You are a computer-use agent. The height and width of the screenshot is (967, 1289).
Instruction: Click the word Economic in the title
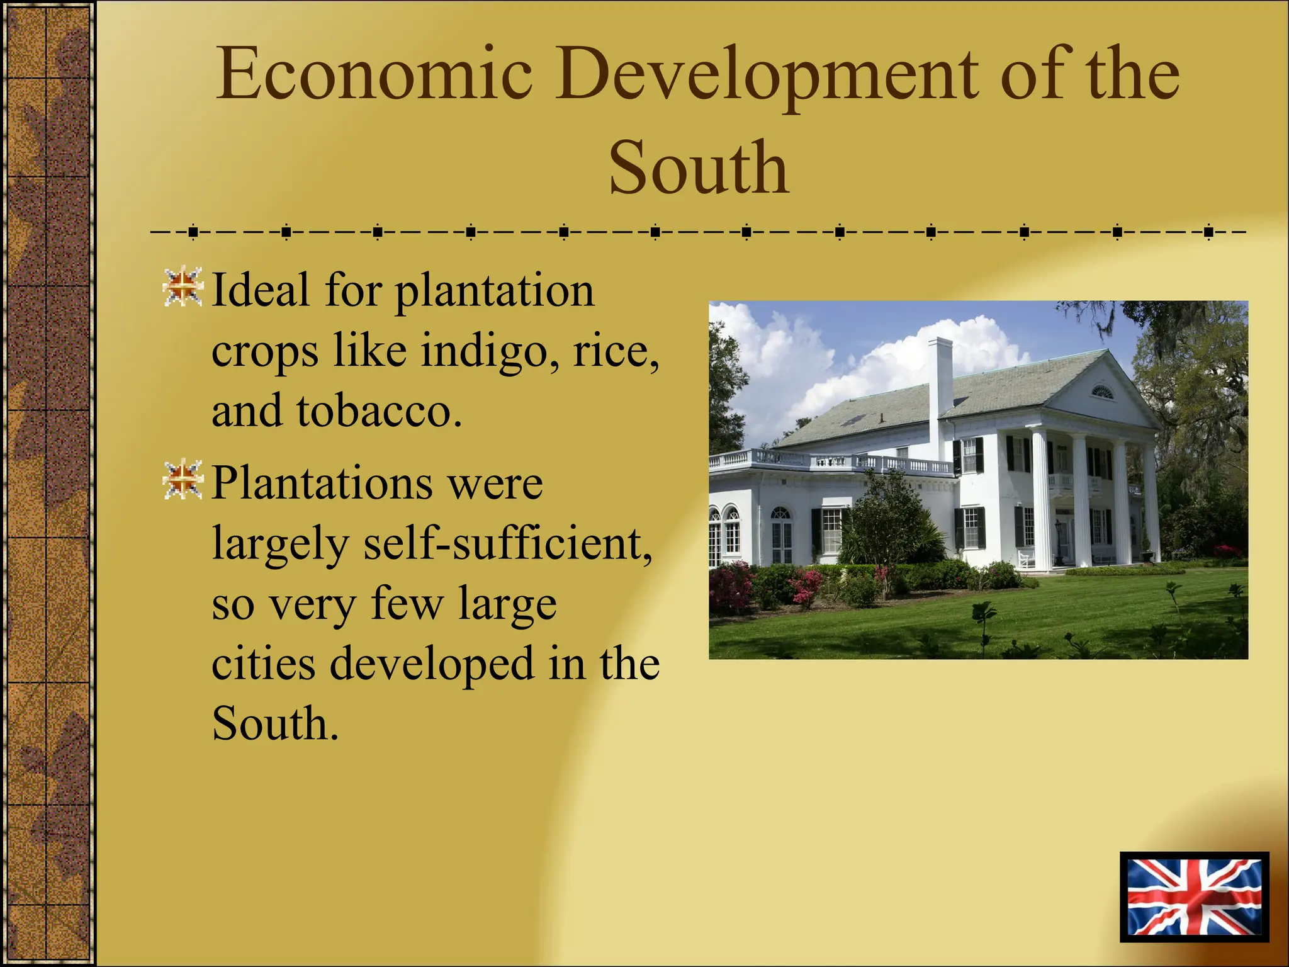(374, 74)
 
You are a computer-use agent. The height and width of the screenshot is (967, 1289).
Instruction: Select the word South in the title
(698, 168)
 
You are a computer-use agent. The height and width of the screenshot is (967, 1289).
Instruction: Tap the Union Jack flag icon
(1194, 897)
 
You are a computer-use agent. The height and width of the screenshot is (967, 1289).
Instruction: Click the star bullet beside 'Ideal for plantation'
(183, 288)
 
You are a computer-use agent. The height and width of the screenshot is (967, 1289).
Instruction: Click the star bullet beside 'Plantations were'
(183, 480)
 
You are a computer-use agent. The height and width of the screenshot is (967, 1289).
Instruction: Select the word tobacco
(379, 411)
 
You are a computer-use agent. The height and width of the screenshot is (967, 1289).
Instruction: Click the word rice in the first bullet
(616, 350)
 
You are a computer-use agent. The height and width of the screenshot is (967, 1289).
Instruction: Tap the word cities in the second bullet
(263, 664)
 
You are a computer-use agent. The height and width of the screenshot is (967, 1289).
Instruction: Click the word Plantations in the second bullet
(322, 483)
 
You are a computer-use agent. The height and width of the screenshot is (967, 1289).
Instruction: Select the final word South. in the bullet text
(275, 724)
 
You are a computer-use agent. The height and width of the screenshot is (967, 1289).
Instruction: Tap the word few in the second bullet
(407, 604)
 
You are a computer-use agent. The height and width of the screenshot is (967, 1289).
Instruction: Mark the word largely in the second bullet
(279, 545)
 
